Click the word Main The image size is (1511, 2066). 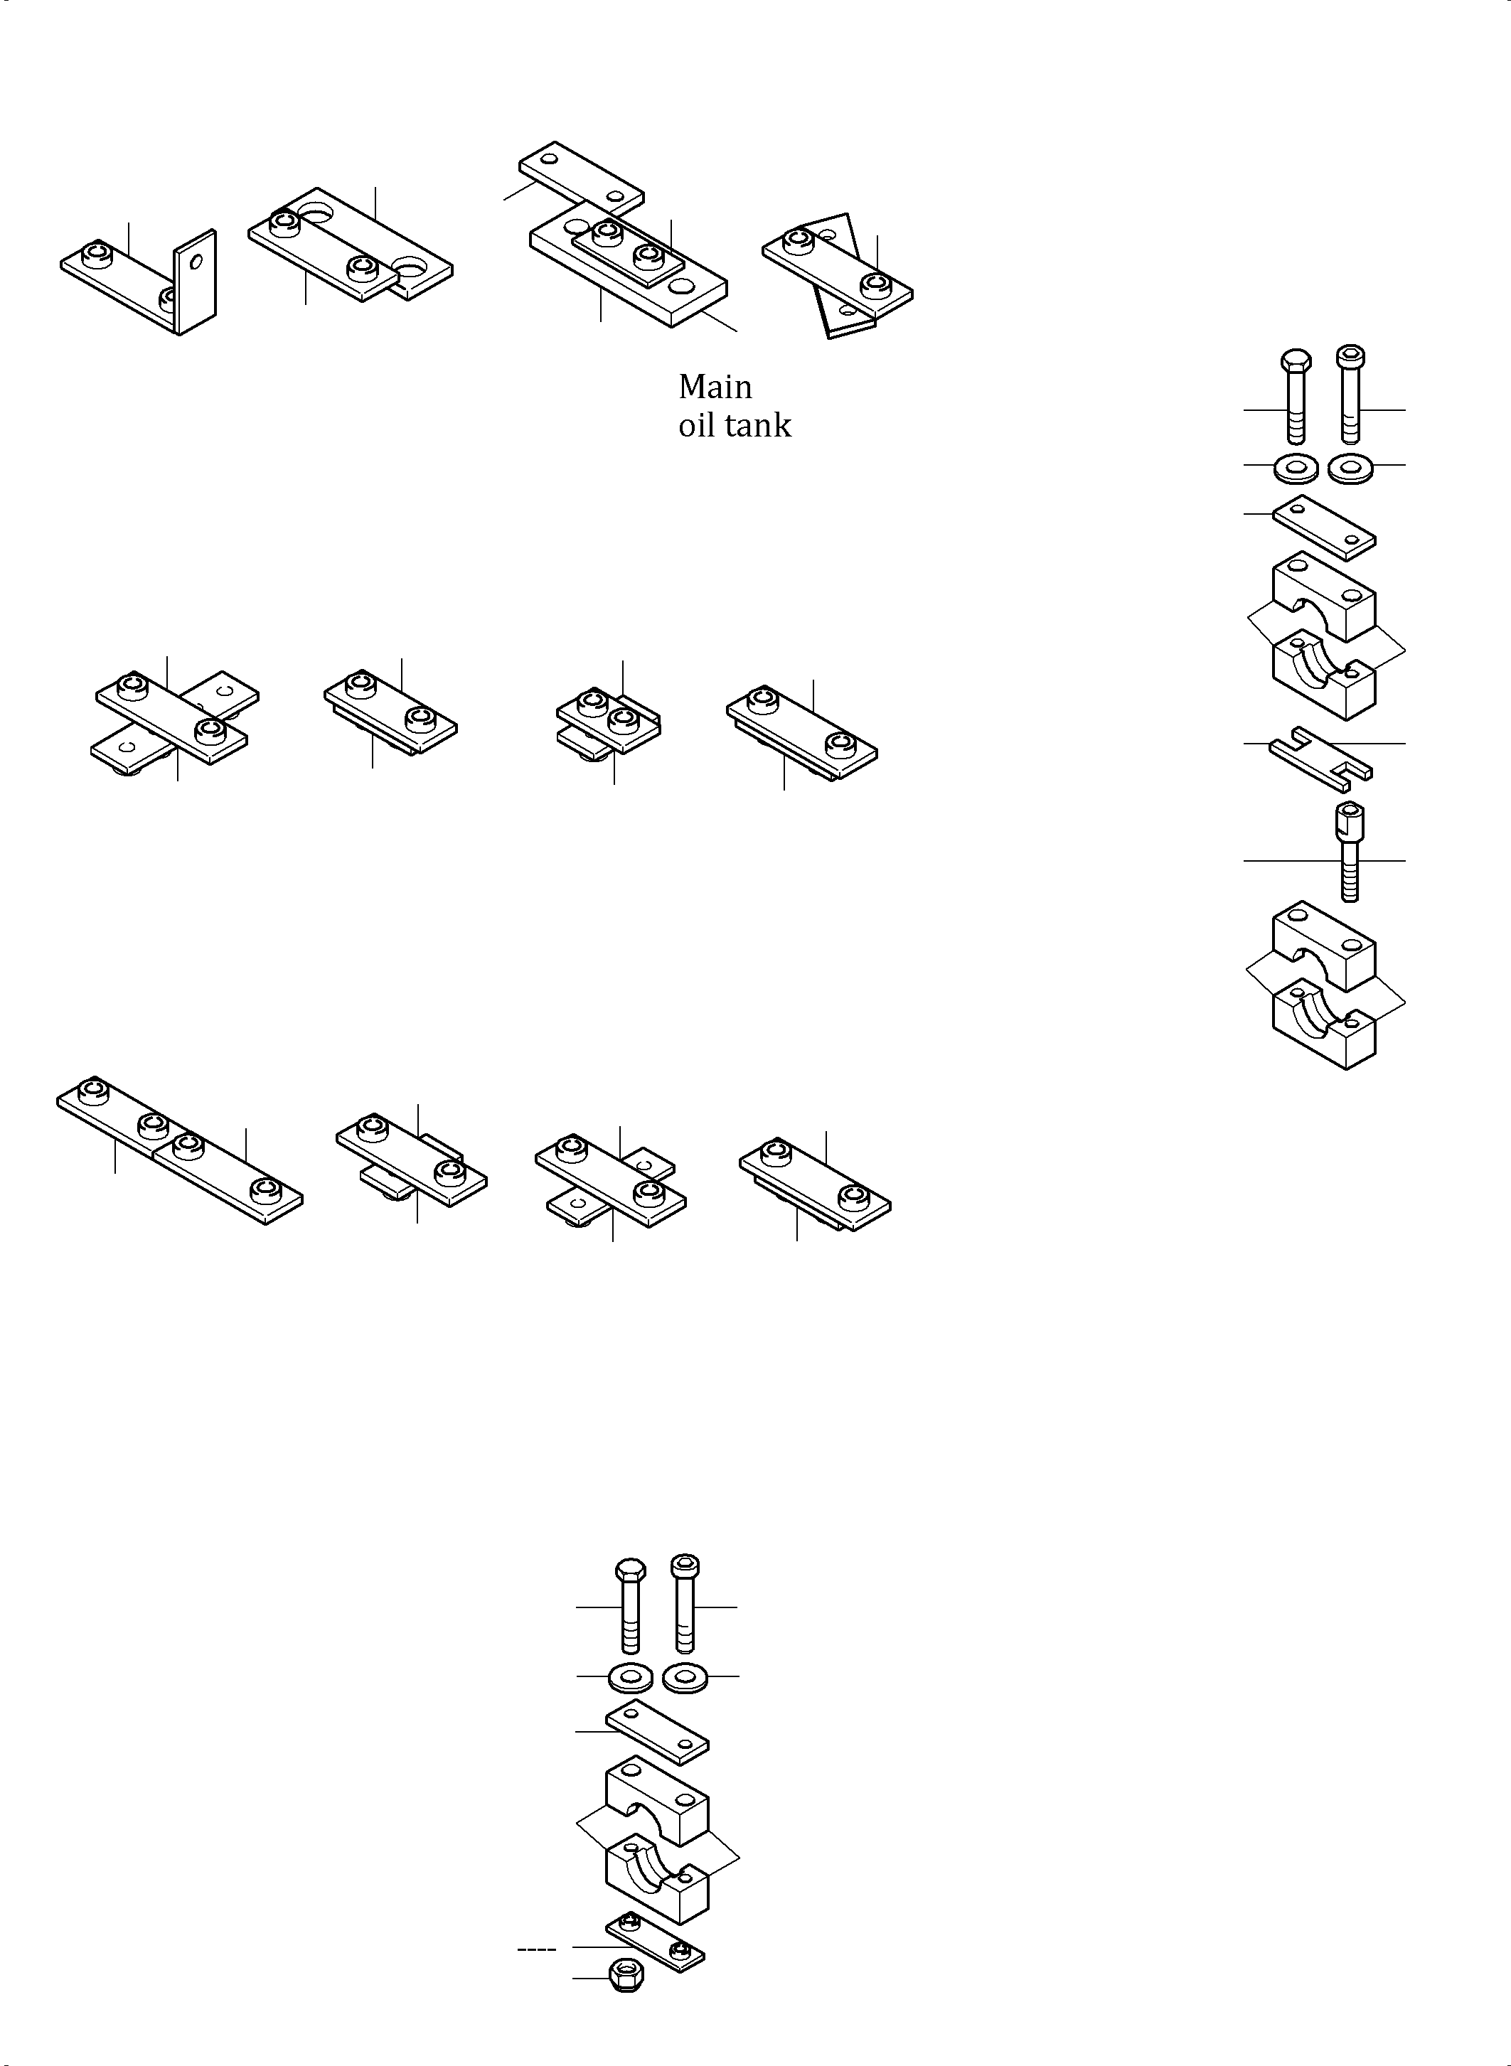tap(715, 387)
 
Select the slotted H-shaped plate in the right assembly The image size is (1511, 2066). tap(1319, 760)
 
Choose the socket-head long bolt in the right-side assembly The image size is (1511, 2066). tap(1351, 393)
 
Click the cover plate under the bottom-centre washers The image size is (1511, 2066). tap(657, 1731)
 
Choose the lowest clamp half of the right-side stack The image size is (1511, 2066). tap(1325, 1024)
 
